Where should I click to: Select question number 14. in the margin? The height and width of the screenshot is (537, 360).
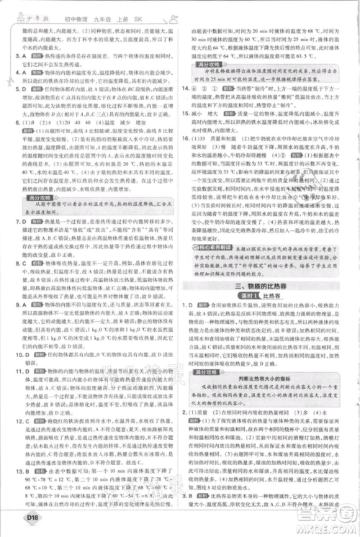pyautogui.click(x=188, y=107)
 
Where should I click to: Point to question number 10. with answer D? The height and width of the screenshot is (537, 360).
pyautogui.click(x=14, y=333)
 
